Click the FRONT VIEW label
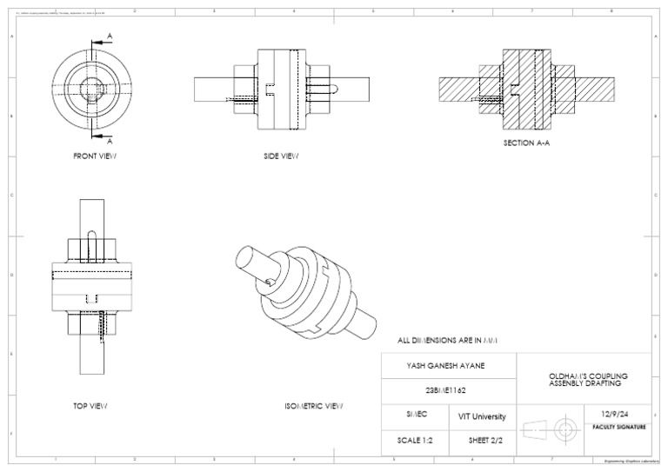94,156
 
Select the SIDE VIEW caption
281,156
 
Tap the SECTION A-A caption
526,143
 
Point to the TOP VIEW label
90,406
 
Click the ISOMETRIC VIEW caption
313,406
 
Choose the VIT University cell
482,416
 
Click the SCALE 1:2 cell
415,440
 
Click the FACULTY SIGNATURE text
618,427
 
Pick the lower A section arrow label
110,141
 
